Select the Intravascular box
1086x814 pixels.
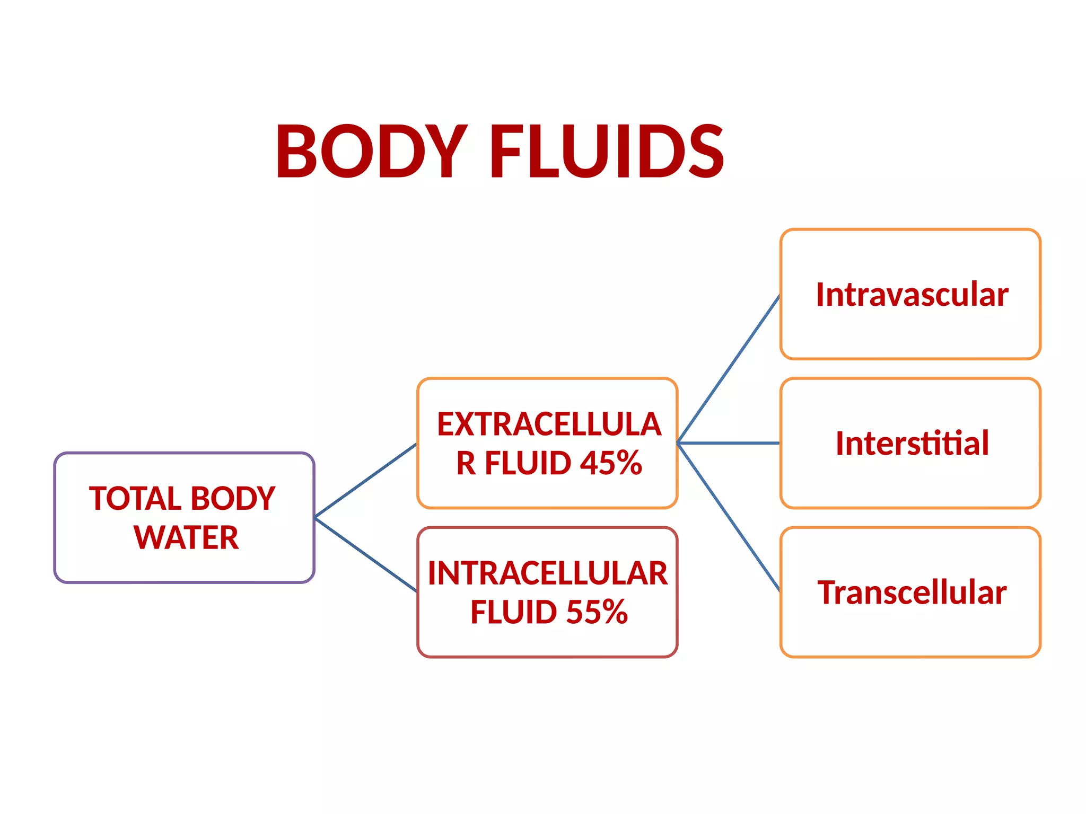(910, 295)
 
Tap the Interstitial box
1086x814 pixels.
(910, 443)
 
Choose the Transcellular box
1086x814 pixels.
(910, 592)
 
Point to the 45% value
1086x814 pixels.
(611, 463)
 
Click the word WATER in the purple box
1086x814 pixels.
(186, 538)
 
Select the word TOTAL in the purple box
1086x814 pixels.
(135, 499)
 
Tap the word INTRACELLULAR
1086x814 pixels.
(548, 573)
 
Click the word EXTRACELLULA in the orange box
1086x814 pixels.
(549, 424)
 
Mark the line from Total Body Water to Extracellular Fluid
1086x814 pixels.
(366, 480)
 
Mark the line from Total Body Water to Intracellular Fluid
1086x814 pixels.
(366, 554)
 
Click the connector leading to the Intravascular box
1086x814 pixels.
(729, 369)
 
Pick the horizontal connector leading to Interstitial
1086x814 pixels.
(729, 443)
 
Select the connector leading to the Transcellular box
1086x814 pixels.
(729, 517)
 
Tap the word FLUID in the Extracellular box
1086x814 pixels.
(528, 463)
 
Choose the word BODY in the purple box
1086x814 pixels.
(233, 499)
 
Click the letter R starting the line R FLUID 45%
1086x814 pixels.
(466, 463)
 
